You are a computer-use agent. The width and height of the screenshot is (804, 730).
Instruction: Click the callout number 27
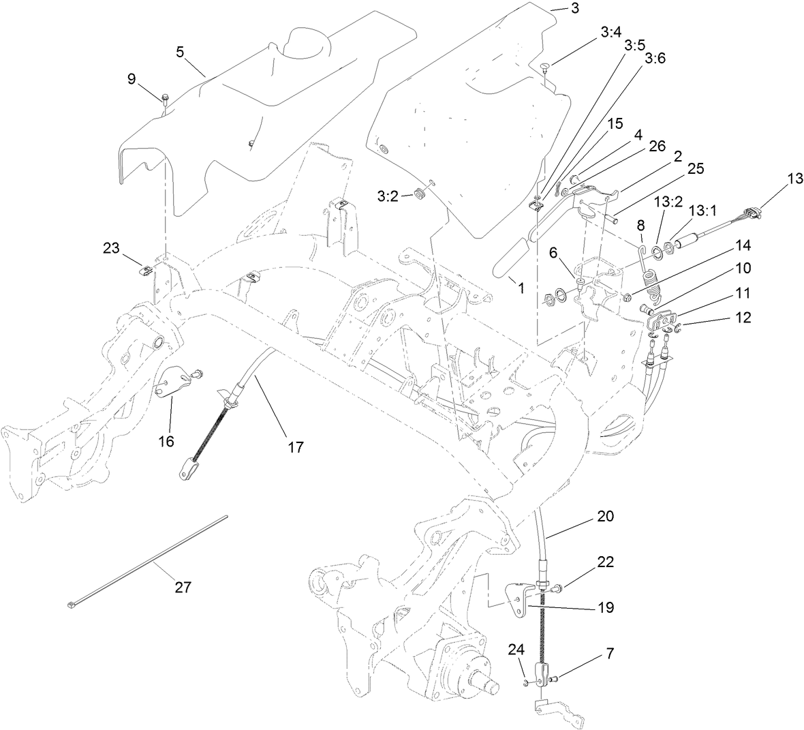point(183,587)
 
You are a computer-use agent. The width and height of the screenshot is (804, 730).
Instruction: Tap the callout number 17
point(295,447)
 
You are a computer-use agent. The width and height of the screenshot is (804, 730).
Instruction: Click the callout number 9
point(132,78)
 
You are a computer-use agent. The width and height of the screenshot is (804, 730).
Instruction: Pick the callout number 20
point(604,517)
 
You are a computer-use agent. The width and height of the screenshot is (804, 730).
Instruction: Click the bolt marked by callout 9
point(166,100)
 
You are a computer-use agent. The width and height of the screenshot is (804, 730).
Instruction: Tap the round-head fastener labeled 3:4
point(546,67)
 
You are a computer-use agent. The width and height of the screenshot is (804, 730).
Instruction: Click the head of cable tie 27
point(71,604)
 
